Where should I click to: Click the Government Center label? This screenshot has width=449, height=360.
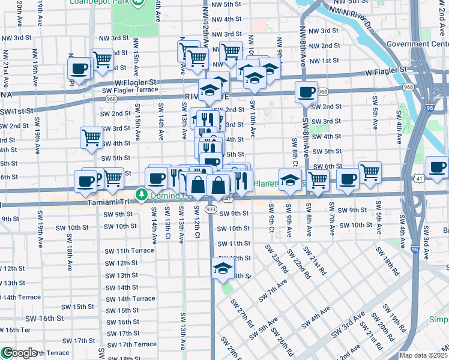point(417,43)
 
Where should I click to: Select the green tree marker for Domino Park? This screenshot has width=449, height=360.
point(141,194)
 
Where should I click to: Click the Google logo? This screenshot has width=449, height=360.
point(19,353)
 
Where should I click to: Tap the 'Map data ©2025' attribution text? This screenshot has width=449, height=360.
point(423,355)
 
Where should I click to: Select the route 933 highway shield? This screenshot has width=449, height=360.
point(211,209)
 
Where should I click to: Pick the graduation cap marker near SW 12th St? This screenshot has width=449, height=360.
point(223,268)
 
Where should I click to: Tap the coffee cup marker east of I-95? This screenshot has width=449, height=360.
point(437,166)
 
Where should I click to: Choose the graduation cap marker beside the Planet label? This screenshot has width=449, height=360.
point(290,179)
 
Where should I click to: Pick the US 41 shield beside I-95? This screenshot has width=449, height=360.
point(418,178)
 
